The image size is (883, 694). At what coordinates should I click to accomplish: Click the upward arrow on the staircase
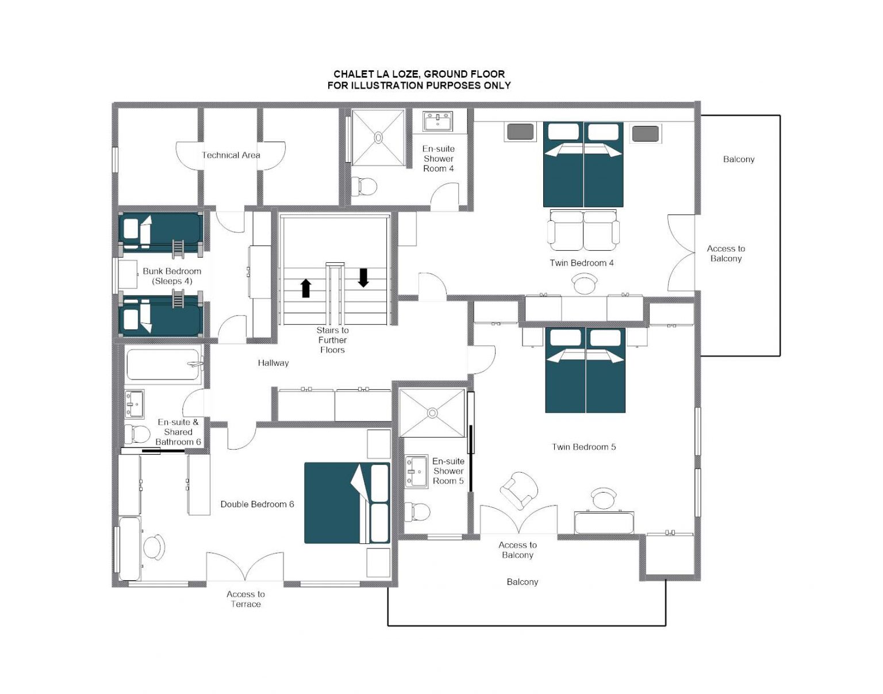pos(306,288)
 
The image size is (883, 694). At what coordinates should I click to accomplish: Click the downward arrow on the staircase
pos(363,278)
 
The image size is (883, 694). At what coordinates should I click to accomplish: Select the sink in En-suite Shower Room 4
pos(437,121)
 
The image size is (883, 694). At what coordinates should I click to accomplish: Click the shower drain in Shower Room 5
pos(432,413)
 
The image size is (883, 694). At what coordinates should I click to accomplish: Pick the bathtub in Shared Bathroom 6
pos(164,365)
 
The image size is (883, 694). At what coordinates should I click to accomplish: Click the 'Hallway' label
pos(273,363)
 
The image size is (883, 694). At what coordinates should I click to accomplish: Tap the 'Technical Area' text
pos(231,155)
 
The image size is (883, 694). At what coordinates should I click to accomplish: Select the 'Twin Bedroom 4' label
pos(582,263)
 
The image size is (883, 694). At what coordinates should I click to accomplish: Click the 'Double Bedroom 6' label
pos(257,504)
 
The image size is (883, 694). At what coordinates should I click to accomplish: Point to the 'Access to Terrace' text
pos(245,599)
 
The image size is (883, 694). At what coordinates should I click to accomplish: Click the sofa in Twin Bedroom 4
pos(583,230)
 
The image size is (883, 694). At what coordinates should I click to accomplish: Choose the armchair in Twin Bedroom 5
pos(519,490)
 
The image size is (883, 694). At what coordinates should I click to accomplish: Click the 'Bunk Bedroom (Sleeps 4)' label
pos(172,276)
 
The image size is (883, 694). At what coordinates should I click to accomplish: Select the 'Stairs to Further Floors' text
pos(332,340)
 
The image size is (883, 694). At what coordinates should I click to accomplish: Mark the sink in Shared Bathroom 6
pos(135,404)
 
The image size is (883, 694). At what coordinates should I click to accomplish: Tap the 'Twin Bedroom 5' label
pos(583,447)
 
